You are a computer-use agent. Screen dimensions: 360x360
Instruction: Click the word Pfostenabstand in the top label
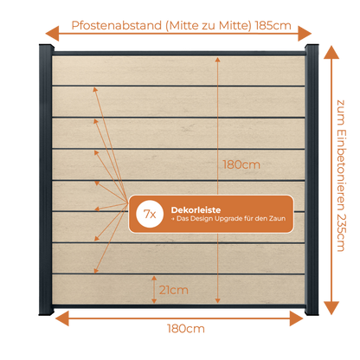[117, 26]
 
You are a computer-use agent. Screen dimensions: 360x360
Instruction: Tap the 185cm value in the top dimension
[273, 26]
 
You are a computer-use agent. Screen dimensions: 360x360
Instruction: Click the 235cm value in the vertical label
[341, 232]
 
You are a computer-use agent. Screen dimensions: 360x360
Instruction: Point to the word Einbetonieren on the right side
[341, 170]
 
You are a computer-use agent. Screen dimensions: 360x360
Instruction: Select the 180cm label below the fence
[186, 329]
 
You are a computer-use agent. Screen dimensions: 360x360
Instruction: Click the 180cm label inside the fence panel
[241, 164]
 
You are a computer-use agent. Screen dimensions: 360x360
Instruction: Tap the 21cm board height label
[174, 290]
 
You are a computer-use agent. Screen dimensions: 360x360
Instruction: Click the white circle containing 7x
[150, 214]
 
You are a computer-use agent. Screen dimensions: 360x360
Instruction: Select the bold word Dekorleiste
[196, 210]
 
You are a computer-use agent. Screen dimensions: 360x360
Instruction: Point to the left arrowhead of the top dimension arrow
[52, 34]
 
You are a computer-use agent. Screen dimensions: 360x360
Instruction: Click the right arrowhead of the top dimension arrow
[305, 33]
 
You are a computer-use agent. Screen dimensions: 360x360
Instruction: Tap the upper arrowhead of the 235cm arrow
[331, 52]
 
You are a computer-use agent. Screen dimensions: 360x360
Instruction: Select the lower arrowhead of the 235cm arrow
[331, 308]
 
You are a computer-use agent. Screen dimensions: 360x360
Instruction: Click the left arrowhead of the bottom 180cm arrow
[62, 318]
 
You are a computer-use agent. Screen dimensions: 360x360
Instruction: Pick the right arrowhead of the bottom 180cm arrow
[296, 318]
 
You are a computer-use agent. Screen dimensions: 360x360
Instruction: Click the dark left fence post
[46, 180]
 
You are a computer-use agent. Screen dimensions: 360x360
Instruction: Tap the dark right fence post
[312, 180]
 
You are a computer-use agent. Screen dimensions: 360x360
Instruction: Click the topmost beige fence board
[178, 70]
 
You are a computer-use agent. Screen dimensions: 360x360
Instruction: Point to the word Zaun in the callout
[277, 219]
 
